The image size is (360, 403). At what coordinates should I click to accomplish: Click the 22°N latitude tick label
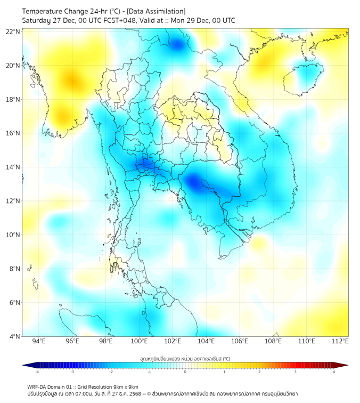13,31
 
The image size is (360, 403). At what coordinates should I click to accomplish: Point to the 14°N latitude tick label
13,167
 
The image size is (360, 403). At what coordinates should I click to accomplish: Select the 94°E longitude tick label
39,342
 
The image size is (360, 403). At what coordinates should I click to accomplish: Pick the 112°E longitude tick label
340,342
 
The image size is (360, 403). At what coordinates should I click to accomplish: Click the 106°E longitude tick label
240,342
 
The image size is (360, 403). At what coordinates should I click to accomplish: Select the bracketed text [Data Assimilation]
156,11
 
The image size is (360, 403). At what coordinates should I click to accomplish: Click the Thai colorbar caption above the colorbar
185,358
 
